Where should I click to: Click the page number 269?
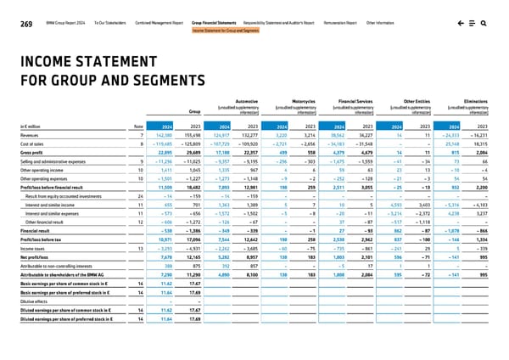pyautogui.click(x=10, y=6)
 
